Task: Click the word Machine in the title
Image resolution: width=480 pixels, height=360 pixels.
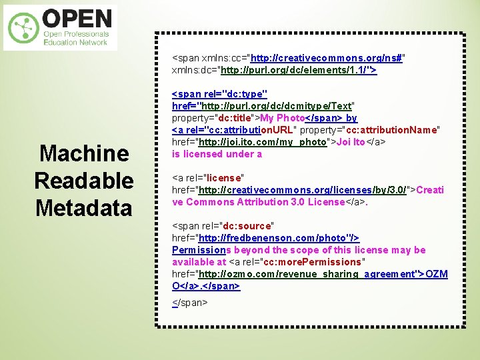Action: [x=84, y=154]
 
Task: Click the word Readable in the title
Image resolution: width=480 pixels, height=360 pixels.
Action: [x=84, y=181]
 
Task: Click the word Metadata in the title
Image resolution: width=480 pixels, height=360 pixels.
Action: [x=84, y=208]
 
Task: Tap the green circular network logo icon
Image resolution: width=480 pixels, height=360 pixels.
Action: [x=23, y=28]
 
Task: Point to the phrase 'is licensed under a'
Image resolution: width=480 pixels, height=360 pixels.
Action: [x=217, y=154]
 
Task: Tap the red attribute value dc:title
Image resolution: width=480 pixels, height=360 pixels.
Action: [x=234, y=118]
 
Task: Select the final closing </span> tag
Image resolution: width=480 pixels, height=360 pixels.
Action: [x=190, y=302]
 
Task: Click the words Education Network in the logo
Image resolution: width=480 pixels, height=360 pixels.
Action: [x=75, y=42]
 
